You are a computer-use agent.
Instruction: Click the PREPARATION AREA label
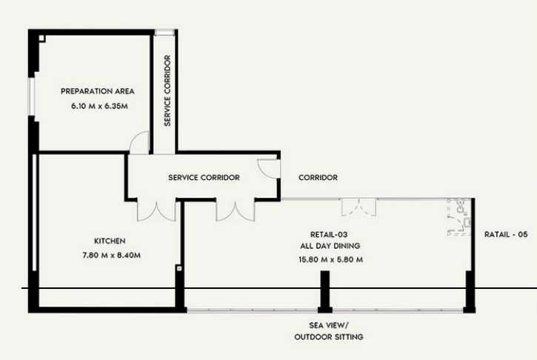(x=98, y=91)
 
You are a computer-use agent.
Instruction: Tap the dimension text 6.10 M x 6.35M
(x=100, y=106)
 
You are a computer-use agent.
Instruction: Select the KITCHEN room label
(x=110, y=241)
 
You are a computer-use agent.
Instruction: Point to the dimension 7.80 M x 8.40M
(x=112, y=256)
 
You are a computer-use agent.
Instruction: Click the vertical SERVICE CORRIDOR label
(x=167, y=90)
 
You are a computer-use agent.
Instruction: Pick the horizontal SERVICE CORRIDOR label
(x=204, y=178)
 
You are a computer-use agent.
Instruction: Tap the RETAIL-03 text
(x=329, y=235)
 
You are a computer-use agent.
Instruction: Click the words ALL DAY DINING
(x=330, y=246)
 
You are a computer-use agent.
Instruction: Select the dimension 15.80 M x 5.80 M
(x=331, y=260)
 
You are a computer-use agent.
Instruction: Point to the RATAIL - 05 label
(x=506, y=235)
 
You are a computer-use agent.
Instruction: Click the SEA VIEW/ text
(x=329, y=325)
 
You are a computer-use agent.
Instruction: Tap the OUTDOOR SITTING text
(x=329, y=337)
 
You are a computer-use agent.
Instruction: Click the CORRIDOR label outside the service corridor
(x=318, y=178)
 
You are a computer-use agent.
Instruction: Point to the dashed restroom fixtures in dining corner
(x=460, y=217)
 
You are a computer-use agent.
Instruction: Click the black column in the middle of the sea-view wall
(x=325, y=292)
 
